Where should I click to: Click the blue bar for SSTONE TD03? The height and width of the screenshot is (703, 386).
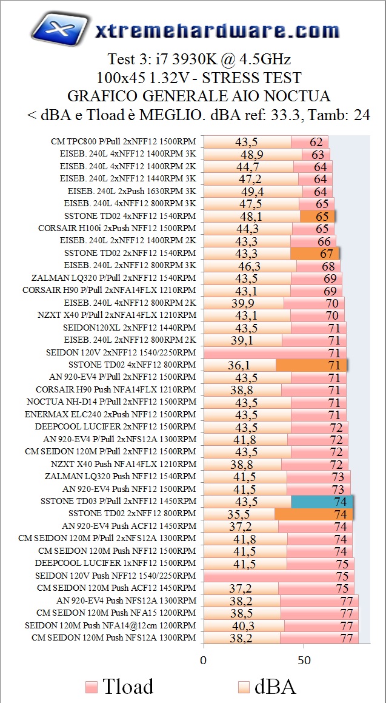coord(322,502)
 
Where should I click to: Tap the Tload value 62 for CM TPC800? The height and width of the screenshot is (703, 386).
coord(316,142)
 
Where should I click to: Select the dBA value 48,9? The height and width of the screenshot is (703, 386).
coord(252,154)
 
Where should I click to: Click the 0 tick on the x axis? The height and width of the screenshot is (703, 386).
coord(204,659)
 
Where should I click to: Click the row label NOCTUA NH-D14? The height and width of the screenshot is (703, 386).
coord(111,402)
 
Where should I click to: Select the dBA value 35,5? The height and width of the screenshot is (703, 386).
coord(240,514)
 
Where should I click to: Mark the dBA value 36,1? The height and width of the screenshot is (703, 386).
coord(240,365)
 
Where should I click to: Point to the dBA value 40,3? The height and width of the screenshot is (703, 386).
coord(244,625)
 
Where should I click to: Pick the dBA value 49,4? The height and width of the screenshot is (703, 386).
coord(253,192)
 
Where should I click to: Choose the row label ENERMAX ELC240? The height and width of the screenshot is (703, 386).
coord(110,414)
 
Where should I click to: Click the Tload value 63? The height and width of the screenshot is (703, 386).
coord(318,154)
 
